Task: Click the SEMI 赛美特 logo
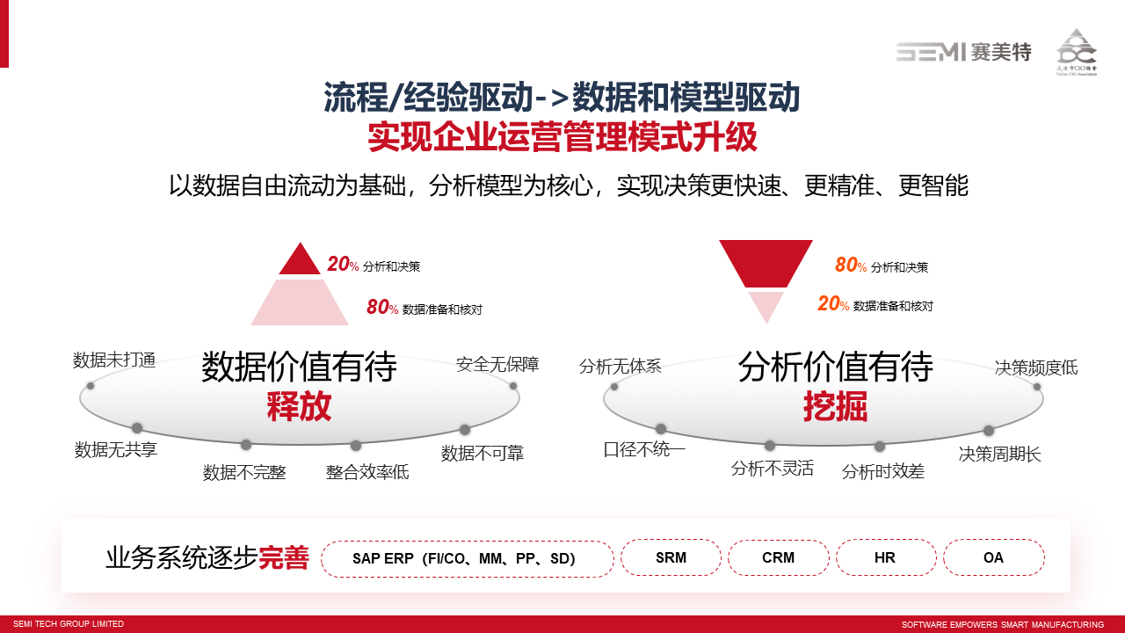pyautogui.click(x=964, y=52)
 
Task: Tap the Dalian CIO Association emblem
pyautogui.click(x=1077, y=52)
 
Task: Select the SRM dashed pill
pyautogui.click(x=671, y=557)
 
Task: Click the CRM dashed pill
pyautogui.click(x=779, y=557)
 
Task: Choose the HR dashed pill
pyautogui.click(x=886, y=557)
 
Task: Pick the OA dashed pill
pyautogui.click(x=994, y=557)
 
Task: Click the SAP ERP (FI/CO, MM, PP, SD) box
pyautogui.click(x=467, y=558)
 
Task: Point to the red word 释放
pyautogui.click(x=300, y=406)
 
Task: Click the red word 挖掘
pyautogui.click(x=836, y=406)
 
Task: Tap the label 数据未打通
pyautogui.click(x=114, y=360)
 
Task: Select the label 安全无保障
pyautogui.click(x=497, y=364)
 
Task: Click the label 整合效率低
pyautogui.click(x=367, y=472)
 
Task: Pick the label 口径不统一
pyautogui.click(x=644, y=449)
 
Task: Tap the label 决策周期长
pyautogui.click(x=999, y=455)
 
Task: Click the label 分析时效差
pyautogui.click(x=883, y=472)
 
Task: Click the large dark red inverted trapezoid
pyautogui.click(x=766, y=264)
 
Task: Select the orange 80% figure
pyautogui.click(x=851, y=265)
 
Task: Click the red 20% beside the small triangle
pyautogui.click(x=343, y=264)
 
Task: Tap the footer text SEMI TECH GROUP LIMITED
pyautogui.click(x=69, y=624)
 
